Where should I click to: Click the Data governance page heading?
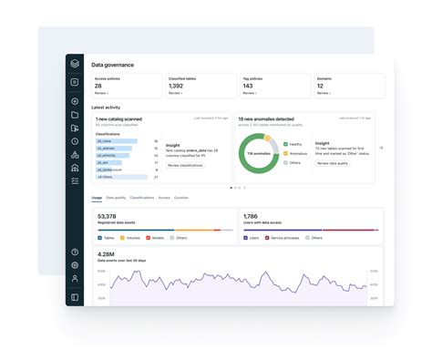pos(111,65)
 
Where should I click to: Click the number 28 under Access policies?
pos(98,86)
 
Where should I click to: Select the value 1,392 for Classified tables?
pos(177,86)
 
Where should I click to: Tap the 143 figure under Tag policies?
pos(249,86)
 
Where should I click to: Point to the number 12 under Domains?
pos(321,86)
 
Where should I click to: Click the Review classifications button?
pos(185,165)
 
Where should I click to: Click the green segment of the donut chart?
pos(273,146)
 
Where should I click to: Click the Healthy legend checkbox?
pos(284,144)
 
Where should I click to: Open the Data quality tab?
pos(116,197)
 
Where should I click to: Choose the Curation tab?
pos(181,197)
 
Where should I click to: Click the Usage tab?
pos(97,197)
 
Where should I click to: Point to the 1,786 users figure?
pos(252,217)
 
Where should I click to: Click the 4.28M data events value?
pos(106,254)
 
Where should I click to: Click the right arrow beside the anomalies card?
pos(381,148)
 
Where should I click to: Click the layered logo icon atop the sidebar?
pos(75,65)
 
